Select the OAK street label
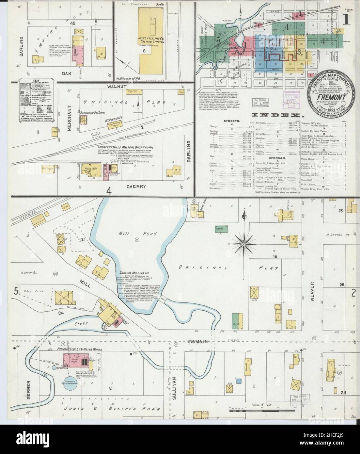tap(66, 74)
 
